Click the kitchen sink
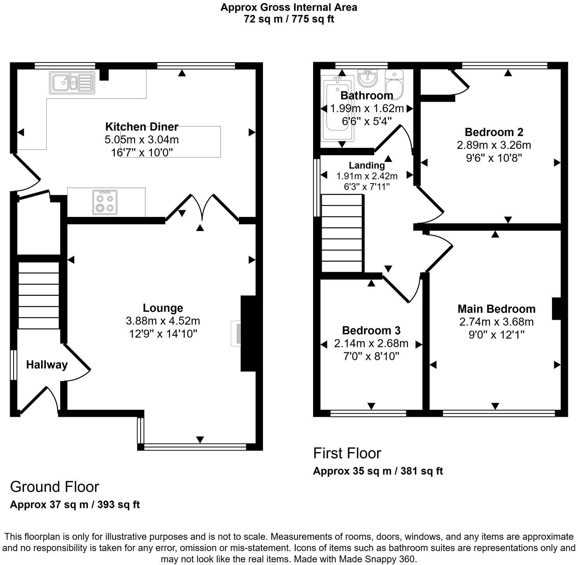coord(72,83)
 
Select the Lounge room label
coord(163,308)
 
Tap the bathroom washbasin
coord(367,78)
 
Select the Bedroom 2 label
coord(494,132)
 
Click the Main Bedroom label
coord(496,309)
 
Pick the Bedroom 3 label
coord(371,331)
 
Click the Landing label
coord(367,165)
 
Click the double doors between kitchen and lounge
coord(202,208)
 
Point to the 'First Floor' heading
coord(347,453)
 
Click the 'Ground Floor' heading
coord(54,487)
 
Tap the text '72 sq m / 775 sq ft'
coord(289,19)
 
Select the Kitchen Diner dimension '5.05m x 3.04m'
coord(142,139)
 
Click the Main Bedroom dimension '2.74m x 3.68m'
coord(496,322)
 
